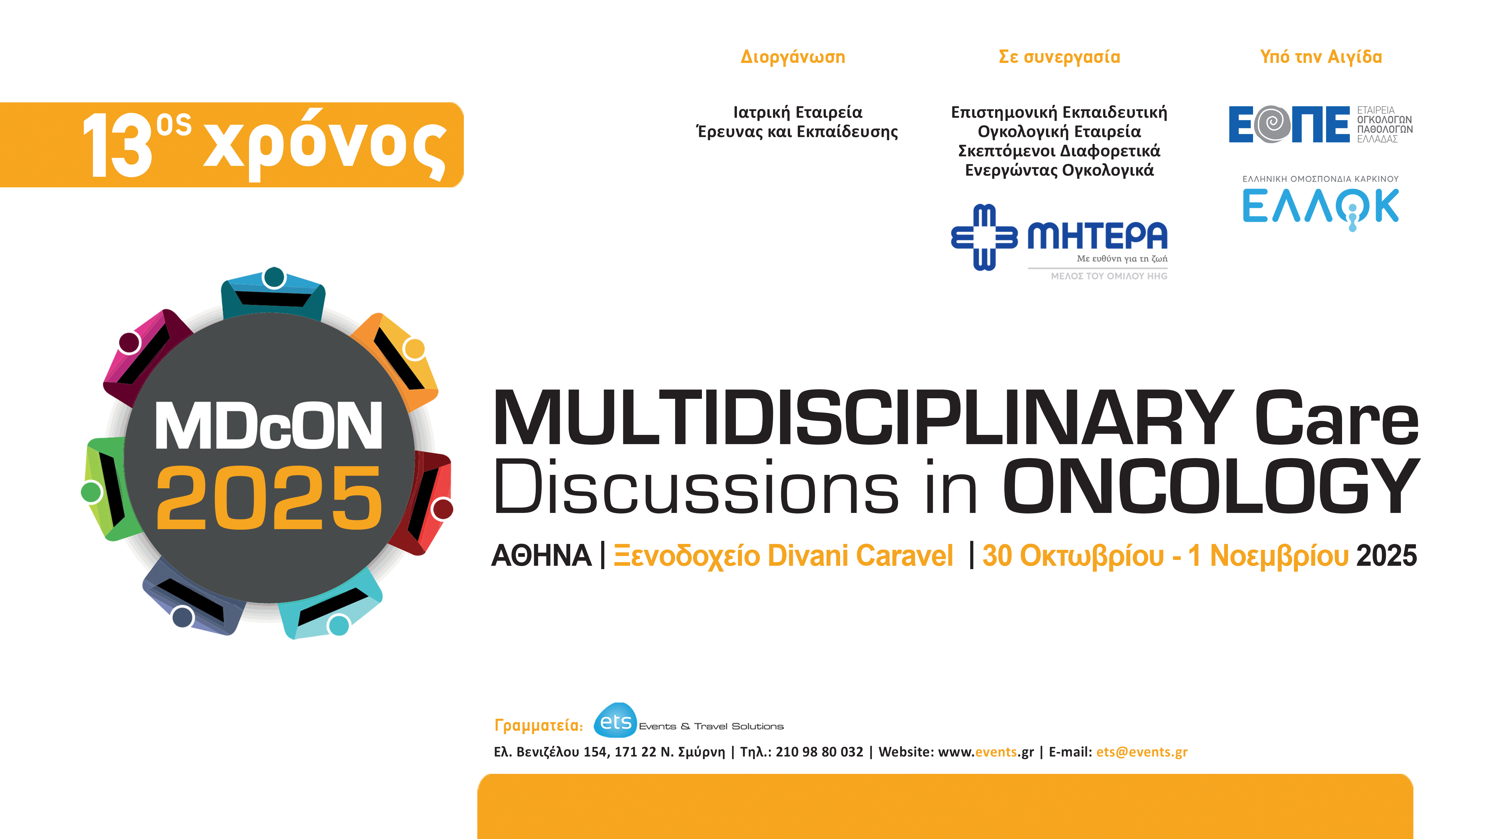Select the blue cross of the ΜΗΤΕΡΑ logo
pos(984,237)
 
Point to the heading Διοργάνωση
pos(792,57)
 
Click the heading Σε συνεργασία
pos(1059,57)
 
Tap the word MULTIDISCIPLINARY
pos(863,418)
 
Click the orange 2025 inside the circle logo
pos(269,498)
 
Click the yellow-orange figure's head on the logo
pos(414,348)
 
